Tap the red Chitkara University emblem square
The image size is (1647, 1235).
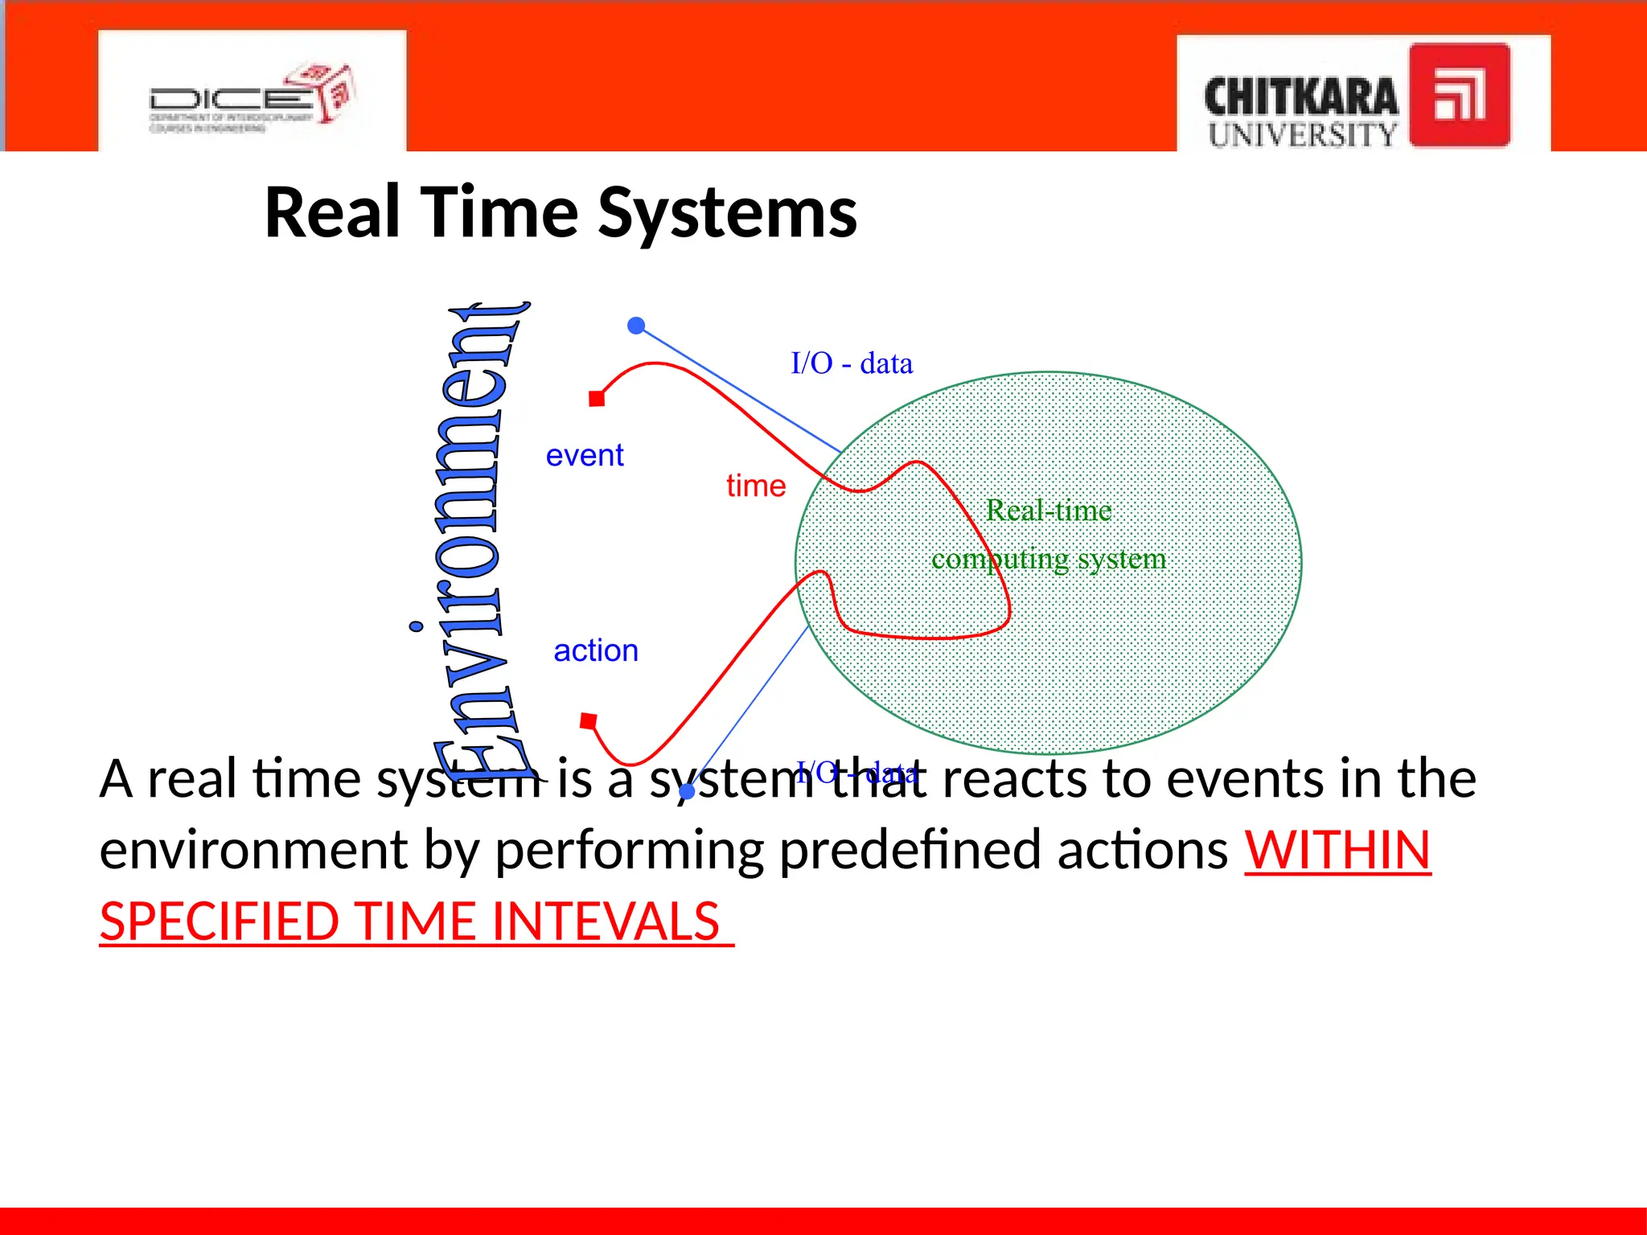[1459, 95]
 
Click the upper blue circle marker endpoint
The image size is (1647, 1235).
[636, 326]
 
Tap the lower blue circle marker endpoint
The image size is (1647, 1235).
[687, 792]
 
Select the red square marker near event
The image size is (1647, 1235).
[597, 399]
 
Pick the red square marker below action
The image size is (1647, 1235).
[589, 721]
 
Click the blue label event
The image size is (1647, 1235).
[585, 456]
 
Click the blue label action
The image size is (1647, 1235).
[596, 650]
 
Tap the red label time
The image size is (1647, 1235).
[756, 486]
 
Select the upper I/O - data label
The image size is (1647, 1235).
[852, 363]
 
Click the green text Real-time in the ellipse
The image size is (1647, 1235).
[1049, 511]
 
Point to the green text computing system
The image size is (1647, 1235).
[1049, 559]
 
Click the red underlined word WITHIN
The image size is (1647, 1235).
[1337, 851]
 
